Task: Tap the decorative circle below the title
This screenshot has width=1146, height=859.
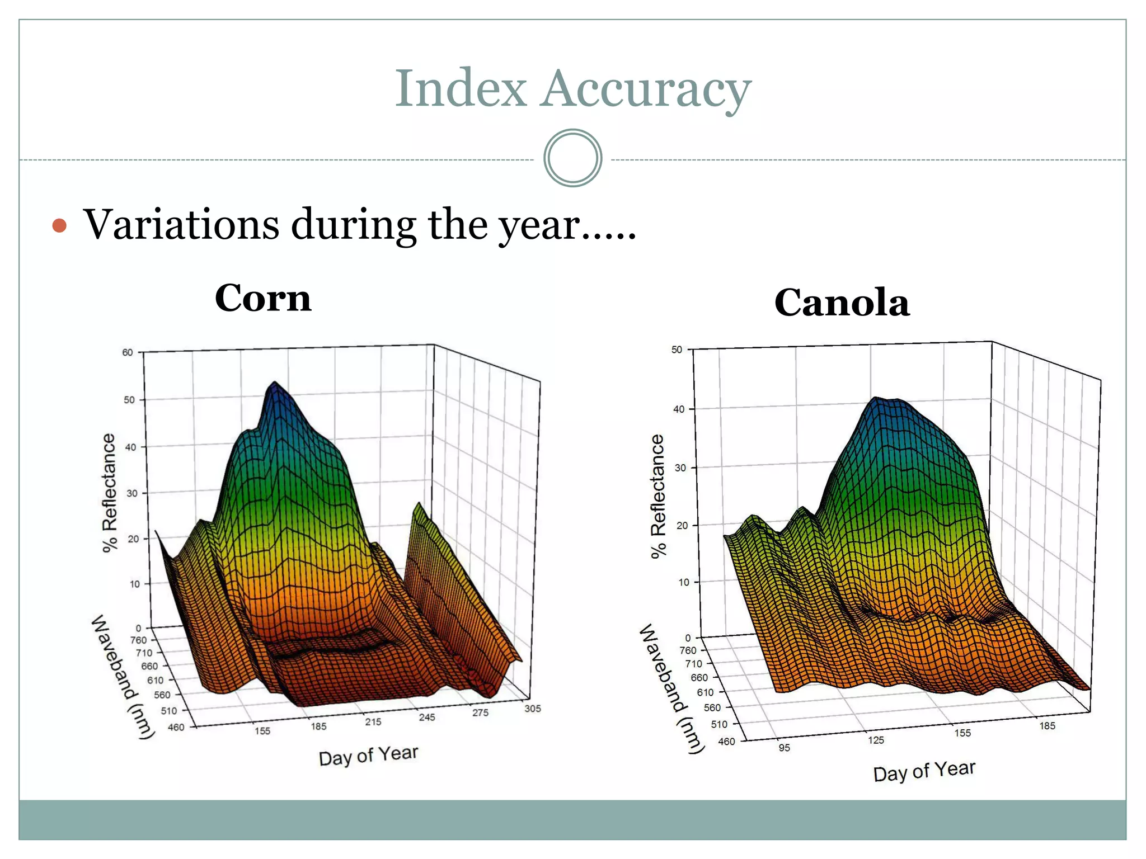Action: click(572, 158)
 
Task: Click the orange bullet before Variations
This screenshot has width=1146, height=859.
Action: click(59, 226)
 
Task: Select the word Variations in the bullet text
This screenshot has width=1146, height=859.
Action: click(181, 224)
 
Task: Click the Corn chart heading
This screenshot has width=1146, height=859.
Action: click(263, 298)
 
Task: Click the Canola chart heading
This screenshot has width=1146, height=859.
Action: click(842, 303)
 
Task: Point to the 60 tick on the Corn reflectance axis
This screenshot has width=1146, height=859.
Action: click(128, 352)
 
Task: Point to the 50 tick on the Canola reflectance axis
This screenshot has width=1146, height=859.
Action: click(677, 350)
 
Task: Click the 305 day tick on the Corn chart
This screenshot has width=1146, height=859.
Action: click(532, 709)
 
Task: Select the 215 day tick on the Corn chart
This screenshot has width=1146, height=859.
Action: click(373, 722)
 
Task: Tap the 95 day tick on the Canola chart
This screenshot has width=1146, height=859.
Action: click(784, 748)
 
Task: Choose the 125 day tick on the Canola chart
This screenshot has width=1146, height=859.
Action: click(876, 740)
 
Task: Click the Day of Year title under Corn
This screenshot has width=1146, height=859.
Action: click(368, 756)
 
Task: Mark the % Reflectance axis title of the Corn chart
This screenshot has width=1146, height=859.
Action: click(109, 493)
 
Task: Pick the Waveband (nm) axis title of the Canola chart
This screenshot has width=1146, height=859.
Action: click(670, 688)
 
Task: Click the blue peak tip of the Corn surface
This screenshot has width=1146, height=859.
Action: click(275, 384)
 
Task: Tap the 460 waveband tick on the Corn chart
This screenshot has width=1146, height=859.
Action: click(176, 727)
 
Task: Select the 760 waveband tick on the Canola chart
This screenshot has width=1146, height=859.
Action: click(688, 650)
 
